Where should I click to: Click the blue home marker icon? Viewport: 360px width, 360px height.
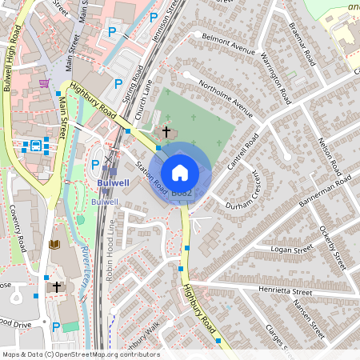point(180,173)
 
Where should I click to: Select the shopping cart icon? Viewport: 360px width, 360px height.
point(43,83)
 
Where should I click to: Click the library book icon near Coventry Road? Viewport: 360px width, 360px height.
point(54,244)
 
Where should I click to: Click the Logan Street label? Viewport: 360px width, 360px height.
point(290,250)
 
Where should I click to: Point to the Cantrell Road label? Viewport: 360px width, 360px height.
point(244,150)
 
